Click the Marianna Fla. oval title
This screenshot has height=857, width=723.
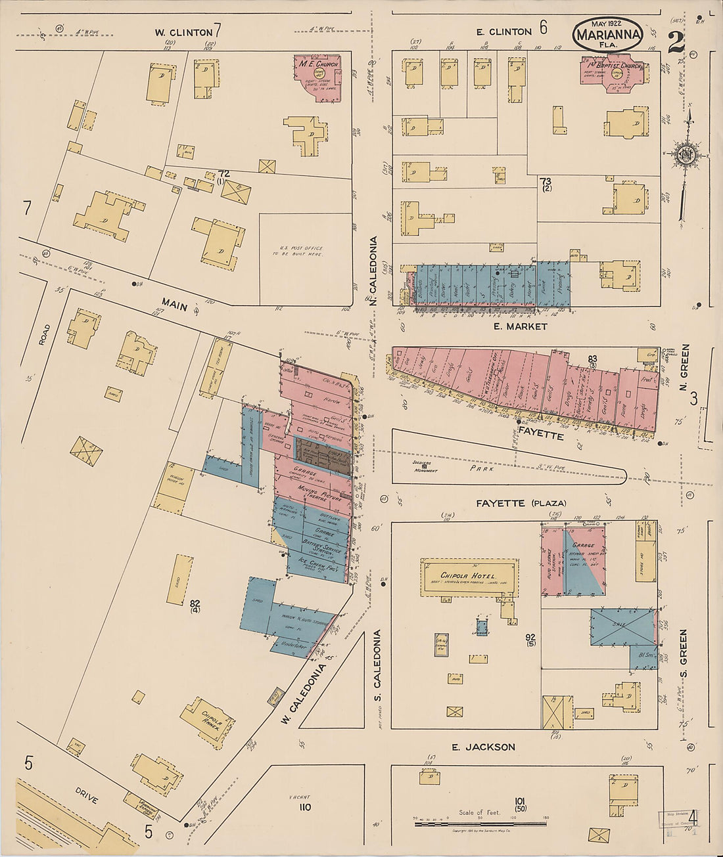pyautogui.click(x=608, y=34)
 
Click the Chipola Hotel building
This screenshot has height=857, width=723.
pyautogui.click(x=468, y=577)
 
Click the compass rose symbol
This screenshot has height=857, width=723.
pyautogui.click(x=687, y=156)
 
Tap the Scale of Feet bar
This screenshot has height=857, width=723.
pyautogui.click(x=480, y=823)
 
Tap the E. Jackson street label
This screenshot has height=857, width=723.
pyautogui.click(x=483, y=747)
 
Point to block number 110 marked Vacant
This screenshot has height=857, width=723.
pyautogui.click(x=304, y=806)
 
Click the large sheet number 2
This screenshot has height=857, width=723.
pyautogui.click(x=675, y=43)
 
